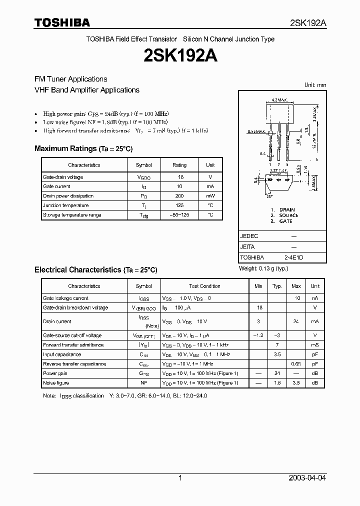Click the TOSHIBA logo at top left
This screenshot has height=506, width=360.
(62, 22)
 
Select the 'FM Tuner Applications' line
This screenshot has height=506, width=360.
(70, 79)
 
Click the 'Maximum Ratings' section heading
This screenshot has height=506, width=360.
(83, 148)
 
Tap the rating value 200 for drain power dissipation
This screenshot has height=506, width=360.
(179, 196)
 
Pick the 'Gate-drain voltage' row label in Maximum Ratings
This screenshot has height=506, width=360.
(63, 177)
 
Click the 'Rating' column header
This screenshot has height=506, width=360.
(179, 165)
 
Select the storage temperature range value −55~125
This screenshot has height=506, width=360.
(179, 215)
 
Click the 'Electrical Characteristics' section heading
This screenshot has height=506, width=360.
(95, 269)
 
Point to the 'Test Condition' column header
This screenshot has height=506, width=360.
(204, 286)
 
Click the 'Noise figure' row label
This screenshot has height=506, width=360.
(56, 383)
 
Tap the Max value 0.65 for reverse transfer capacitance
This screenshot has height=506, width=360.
(296, 364)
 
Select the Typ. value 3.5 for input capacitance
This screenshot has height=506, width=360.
(277, 354)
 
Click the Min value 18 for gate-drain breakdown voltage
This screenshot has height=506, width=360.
(259, 307)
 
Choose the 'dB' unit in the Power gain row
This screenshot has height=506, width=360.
(315, 373)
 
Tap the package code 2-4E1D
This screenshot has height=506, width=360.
(294, 257)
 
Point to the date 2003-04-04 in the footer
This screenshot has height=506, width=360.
(307, 478)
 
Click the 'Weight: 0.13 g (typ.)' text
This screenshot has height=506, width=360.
(263, 268)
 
